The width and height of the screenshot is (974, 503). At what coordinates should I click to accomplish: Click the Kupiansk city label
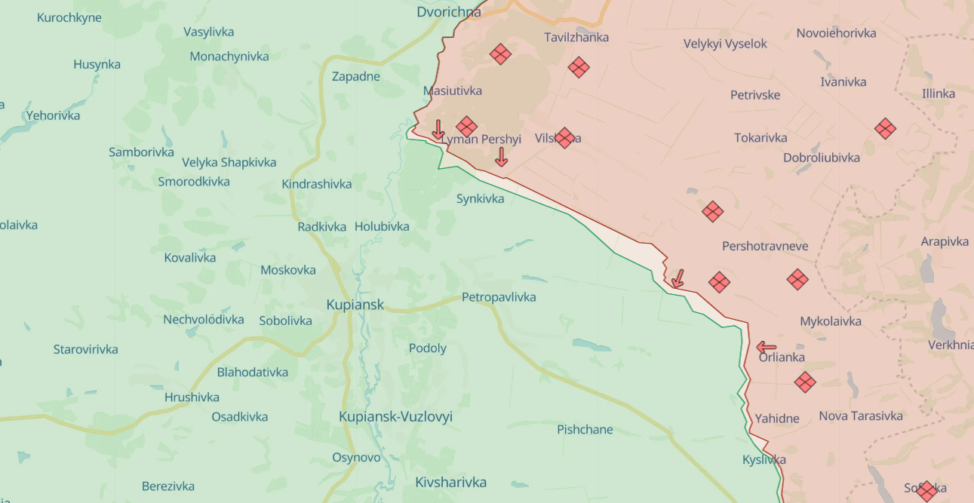click(x=355, y=305)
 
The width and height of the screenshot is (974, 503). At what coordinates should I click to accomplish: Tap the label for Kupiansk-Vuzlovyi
click(x=395, y=417)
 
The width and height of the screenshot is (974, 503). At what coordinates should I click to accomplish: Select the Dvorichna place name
click(x=448, y=12)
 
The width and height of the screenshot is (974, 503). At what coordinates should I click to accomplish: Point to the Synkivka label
click(x=480, y=198)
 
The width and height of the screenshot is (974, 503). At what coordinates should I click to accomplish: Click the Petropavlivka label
click(x=499, y=297)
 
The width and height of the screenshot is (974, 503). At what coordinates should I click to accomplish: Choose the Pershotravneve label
click(x=765, y=247)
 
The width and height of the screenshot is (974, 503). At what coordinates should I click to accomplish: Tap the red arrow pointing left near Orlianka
click(x=766, y=347)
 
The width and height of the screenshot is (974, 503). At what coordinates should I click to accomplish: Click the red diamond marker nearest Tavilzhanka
click(x=579, y=67)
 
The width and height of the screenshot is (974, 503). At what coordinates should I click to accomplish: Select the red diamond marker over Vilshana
click(x=564, y=138)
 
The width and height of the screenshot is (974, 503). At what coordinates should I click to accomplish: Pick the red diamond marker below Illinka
click(x=885, y=129)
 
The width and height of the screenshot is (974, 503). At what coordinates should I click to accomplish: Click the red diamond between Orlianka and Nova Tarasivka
click(x=805, y=382)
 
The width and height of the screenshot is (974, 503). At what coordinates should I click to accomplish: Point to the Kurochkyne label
click(x=69, y=17)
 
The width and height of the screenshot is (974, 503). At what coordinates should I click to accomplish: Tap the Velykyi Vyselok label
click(x=725, y=44)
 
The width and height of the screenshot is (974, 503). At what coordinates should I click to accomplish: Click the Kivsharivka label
click(x=450, y=482)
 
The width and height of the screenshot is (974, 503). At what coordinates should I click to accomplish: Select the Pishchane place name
click(x=585, y=430)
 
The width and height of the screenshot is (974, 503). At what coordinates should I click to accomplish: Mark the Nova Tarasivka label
click(x=860, y=416)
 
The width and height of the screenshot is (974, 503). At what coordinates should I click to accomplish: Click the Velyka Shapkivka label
click(x=229, y=162)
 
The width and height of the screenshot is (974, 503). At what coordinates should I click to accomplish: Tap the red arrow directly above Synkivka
click(x=501, y=157)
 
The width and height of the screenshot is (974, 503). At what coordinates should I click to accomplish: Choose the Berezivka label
click(x=168, y=486)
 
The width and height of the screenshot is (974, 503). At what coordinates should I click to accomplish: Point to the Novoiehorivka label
click(x=836, y=33)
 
